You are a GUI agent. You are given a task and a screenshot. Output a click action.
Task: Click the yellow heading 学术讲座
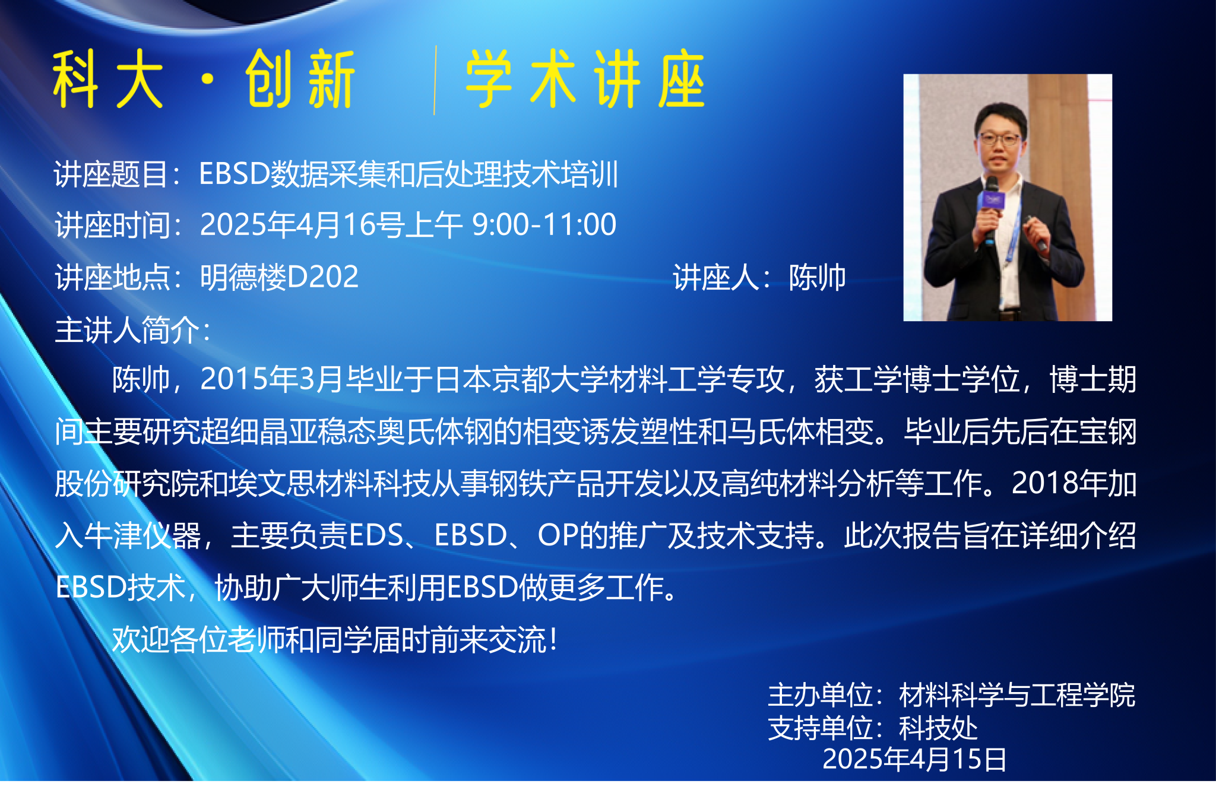[585, 79]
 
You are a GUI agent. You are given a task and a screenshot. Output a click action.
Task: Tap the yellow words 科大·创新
[204, 79]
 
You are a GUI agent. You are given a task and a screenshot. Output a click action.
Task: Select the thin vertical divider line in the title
[435, 80]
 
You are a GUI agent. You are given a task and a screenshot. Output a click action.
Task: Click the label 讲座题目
[110, 175]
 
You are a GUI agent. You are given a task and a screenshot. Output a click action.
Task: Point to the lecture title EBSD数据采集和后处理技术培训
[408, 175]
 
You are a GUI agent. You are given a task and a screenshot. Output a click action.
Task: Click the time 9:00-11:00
[544, 224]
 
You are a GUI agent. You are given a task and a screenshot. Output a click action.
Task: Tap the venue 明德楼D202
[279, 277]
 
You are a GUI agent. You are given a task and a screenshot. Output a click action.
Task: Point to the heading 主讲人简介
[128, 330]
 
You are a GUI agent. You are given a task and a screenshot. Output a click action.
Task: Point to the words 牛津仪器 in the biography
[142, 535]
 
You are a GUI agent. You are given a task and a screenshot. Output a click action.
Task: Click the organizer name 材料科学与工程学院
[1017, 695]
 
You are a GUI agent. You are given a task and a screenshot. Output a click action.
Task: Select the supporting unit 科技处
[938, 728]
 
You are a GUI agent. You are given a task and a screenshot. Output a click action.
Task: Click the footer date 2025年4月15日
[914, 759]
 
